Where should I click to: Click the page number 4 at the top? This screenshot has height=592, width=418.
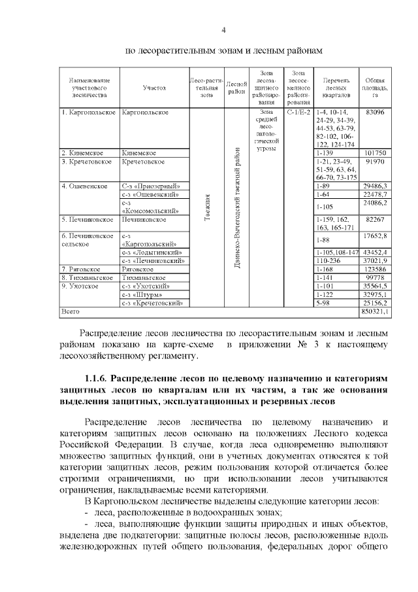pyautogui.click(x=223, y=30)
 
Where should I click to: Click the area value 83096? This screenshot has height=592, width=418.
pyautogui.click(x=375, y=113)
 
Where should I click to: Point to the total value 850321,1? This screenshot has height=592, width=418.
pyautogui.click(x=374, y=312)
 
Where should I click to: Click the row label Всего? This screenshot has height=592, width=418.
pyautogui.click(x=71, y=312)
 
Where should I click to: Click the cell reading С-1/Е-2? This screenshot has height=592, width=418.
pyautogui.click(x=298, y=113)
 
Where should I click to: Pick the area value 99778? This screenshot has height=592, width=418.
pyautogui.click(x=375, y=277)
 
